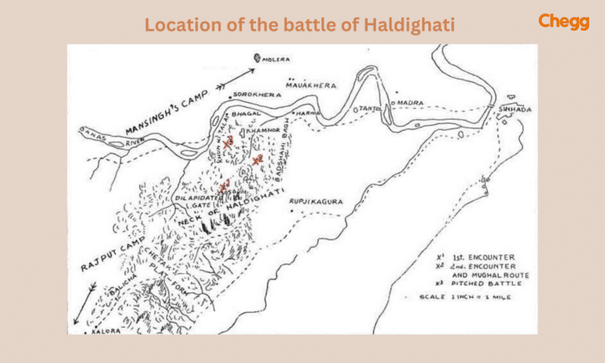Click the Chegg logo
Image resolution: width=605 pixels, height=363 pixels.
click(x=563, y=21)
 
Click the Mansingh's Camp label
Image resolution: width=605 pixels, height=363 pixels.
click(x=167, y=112)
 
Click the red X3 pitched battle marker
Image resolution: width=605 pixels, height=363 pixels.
click(x=228, y=144)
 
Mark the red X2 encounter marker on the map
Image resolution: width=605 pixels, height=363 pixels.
click(x=257, y=159)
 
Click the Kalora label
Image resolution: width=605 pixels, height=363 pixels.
click(x=109, y=331)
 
